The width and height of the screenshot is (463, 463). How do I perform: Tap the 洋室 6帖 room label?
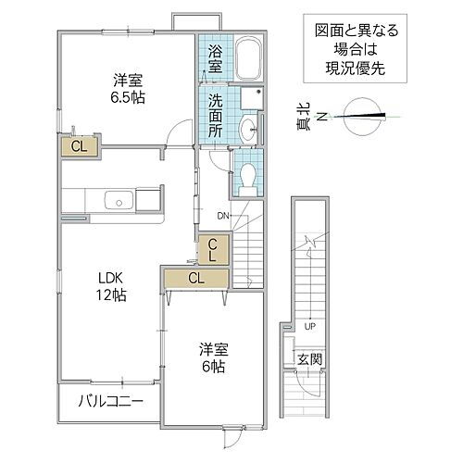(214, 357)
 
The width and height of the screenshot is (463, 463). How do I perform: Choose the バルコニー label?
(109, 403)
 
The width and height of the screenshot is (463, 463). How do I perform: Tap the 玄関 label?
(308, 358)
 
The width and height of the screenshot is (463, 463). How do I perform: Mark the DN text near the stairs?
(223, 216)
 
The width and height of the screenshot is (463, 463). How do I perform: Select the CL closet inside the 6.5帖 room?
(81, 145)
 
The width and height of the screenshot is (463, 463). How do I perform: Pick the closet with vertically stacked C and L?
(212, 250)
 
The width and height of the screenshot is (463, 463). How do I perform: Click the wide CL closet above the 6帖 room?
(196, 277)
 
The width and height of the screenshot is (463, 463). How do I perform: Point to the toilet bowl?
(248, 177)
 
